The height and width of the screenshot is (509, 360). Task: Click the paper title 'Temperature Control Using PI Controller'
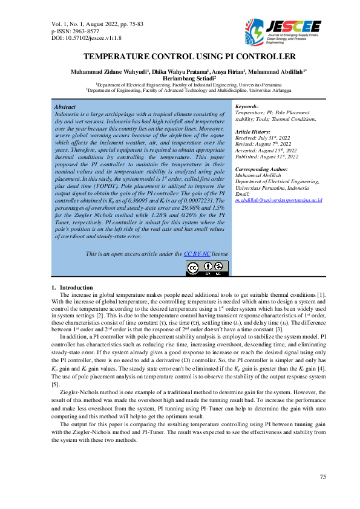180,57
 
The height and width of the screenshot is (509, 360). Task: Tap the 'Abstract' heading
65,106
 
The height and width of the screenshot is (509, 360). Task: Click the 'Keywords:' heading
247,106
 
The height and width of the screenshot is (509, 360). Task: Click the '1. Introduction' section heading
72,287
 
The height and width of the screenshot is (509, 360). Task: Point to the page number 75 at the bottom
323,478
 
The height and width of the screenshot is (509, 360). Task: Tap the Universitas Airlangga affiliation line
180,90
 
